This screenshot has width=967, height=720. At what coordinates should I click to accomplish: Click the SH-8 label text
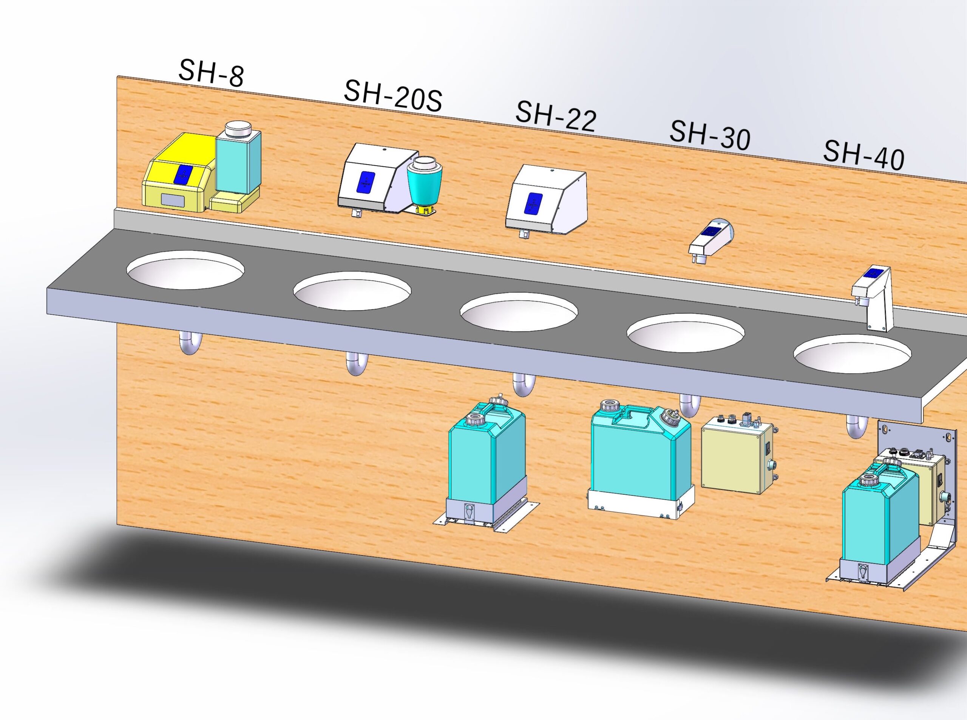coord(211,73)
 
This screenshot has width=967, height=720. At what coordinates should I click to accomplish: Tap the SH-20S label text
coord(393,96)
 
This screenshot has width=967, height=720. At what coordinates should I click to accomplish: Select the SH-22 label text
coord(556,116)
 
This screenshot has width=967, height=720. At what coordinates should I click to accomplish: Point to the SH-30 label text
coord(710,135)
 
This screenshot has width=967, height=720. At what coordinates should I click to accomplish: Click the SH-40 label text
coord(863,155)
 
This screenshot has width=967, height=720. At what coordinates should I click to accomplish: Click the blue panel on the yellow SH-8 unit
coord(182,174)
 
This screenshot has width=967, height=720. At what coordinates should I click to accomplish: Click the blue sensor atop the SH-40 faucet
coord(872,273)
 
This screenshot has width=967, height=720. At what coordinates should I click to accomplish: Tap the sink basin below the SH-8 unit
coord(185,270)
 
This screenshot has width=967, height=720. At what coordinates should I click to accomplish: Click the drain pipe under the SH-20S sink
coord(357,363)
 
